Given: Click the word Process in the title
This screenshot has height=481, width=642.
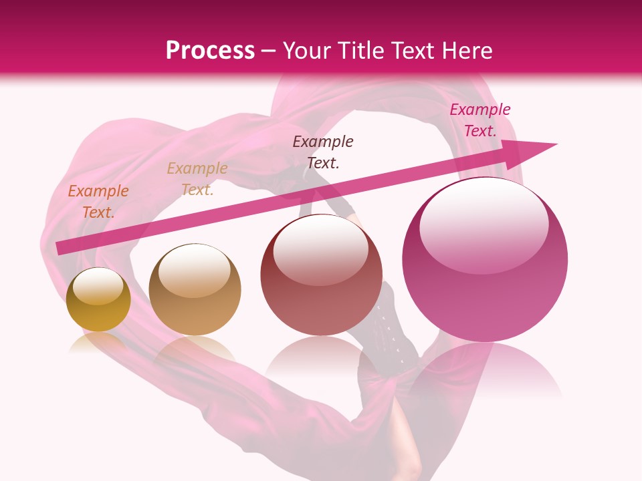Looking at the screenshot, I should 210,51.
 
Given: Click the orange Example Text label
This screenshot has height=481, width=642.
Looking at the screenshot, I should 98,202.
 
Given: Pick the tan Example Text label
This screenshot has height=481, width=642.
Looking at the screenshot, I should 197,179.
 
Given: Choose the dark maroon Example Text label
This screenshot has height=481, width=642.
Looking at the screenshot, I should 323,152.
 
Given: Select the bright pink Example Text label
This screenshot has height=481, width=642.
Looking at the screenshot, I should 480,120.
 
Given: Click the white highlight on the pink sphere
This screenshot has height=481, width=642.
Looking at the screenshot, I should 484,225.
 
